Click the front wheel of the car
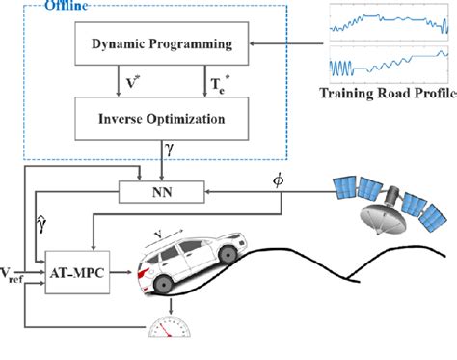tap(228, 256)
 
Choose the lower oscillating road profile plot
tap(390, 64)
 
